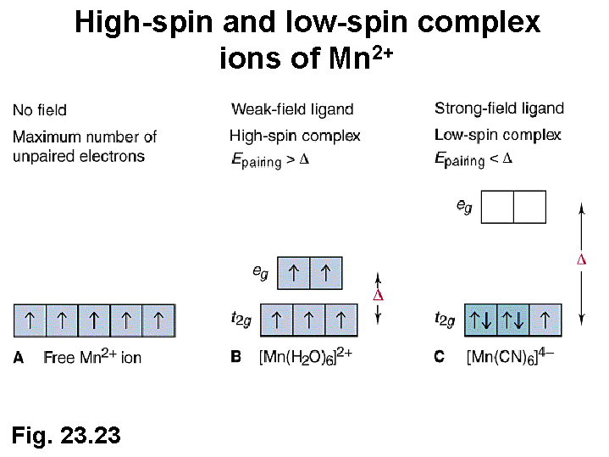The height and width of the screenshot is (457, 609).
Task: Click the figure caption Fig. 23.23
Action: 66,436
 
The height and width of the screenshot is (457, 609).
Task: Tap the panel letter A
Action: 19,357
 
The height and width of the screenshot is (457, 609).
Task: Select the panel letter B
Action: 236,357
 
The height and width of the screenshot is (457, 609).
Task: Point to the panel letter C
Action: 439,357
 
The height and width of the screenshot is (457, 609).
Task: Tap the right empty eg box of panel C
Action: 529,207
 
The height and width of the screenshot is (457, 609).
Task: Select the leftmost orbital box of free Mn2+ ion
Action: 30,320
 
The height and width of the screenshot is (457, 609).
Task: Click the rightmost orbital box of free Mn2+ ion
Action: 158,320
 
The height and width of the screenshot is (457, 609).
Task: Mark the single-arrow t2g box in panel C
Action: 545,320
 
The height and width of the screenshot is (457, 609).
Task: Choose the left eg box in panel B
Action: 294,272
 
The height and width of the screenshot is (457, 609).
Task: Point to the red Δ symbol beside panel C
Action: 581,259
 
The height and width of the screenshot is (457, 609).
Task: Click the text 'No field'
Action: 40,110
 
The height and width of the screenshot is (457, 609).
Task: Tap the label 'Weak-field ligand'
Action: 292,109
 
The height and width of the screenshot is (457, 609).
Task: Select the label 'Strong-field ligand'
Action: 499,108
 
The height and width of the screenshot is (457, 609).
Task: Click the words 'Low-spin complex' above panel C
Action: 497,135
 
